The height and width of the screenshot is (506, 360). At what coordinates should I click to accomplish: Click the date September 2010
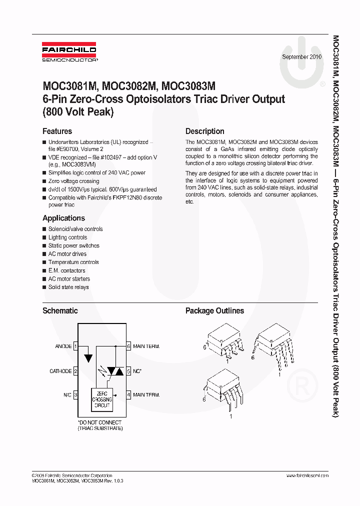tap(301, 57)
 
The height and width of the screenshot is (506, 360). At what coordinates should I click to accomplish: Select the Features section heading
tap(57, 131)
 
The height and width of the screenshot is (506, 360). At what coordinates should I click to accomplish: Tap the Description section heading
tap(204, 131)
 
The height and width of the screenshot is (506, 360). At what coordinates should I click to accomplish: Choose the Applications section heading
tap(63, 218)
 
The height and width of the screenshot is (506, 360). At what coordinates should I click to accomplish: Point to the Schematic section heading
tap(60, 310)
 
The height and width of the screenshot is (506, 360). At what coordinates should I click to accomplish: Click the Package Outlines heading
tap(214, 310)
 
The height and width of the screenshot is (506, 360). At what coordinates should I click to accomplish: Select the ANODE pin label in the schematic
tap(63, 346)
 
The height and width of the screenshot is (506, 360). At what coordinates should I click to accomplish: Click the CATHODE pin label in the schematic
tap(60, 371)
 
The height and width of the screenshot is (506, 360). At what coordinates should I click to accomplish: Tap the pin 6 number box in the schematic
tap(128, 346)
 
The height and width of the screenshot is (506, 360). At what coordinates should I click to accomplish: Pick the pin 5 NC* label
tap(137, 371)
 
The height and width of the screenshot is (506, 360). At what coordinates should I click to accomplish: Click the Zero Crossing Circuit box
tap(102, 399)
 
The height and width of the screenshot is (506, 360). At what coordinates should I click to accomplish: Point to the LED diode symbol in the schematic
tap(88, 358)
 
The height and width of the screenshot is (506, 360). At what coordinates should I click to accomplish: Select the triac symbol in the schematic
tap(116, 371)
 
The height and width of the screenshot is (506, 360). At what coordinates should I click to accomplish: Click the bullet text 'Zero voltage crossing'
tap(73, 181)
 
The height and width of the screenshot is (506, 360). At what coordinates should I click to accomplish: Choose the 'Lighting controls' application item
tap(67, 237)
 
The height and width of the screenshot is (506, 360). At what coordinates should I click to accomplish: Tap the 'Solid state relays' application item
tap(68, 287)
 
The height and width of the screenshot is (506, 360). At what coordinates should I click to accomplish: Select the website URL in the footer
tap(307, 475)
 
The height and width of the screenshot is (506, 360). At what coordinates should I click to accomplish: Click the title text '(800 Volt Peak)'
tap(78, 112)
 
